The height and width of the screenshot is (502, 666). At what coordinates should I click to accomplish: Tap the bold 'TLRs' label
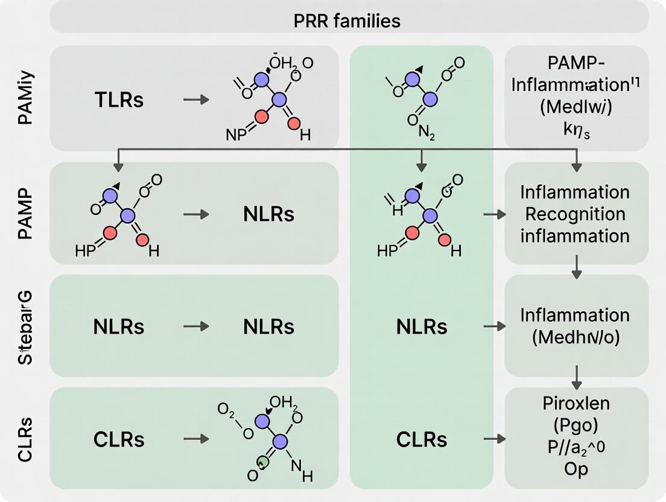point(119,100)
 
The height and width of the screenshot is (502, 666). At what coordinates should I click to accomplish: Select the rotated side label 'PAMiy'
point(26,98)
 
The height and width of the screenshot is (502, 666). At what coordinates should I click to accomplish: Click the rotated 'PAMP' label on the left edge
point(26,214)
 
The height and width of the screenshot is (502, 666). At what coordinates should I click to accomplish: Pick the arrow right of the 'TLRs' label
point(196,99)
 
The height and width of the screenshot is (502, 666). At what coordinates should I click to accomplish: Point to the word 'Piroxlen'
point(576,404)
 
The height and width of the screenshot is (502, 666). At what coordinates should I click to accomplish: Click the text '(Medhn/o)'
point(576,338)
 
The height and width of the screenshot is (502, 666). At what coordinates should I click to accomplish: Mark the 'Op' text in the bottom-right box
point(576,470)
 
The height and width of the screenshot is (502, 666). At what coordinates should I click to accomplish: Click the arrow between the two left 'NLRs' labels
point(196,326)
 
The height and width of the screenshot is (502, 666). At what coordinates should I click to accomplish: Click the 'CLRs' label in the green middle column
point(422,440)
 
